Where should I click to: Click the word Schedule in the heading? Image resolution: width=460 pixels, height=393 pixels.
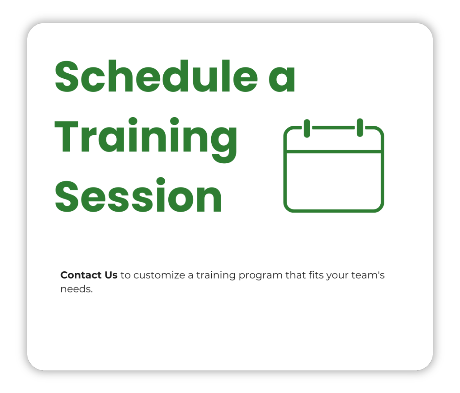156,76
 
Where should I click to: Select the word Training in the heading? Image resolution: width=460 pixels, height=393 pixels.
146,140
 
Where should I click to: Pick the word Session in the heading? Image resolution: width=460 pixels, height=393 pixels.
139,195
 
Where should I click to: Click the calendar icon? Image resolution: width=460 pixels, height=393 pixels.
334,166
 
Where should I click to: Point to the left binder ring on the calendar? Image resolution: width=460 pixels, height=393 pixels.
307,128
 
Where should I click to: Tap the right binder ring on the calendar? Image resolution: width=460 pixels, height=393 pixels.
360,128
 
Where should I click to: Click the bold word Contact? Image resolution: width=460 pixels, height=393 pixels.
81,275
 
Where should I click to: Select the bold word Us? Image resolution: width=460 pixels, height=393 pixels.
111,275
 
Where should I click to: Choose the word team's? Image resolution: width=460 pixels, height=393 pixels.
368,275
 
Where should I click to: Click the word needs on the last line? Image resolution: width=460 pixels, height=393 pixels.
76,289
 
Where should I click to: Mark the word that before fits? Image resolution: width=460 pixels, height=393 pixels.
295,275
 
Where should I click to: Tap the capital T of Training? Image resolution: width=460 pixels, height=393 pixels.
66,136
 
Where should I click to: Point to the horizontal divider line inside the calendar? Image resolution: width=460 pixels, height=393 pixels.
334,152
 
